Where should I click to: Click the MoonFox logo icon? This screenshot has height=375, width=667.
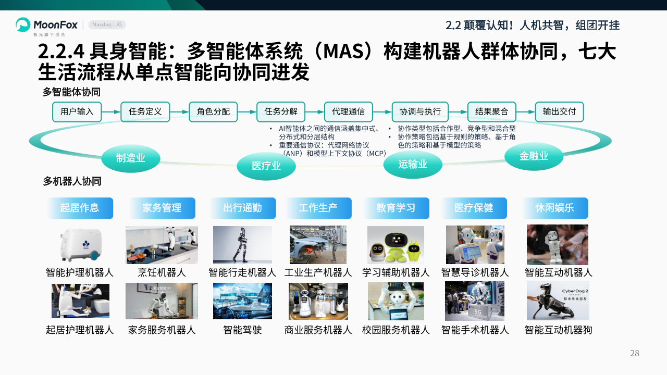[23, 24]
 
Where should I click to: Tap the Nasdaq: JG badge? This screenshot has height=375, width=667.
[107, 24]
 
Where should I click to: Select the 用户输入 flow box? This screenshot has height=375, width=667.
[77, 112]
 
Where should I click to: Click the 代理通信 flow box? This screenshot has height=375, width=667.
[349, 112]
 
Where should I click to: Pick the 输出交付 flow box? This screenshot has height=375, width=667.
[559, 112]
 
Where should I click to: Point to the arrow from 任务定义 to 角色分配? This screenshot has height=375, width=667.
[179, 112]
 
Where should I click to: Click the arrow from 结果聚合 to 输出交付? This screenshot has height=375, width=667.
[526, 112]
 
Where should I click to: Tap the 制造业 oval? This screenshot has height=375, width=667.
[131, 158]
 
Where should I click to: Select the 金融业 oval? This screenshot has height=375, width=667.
[534, 156]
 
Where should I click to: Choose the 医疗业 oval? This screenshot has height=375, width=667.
[266, 166]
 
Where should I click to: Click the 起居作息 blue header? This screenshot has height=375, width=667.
[80, 208]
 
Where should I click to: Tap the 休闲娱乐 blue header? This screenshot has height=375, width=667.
[555, 208]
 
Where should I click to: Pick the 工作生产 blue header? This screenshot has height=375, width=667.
[318, 208]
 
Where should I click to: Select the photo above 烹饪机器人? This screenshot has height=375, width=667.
[162, 245]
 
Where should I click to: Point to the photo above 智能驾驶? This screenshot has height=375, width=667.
[242, 301]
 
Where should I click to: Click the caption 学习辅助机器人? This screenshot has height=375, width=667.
[396, 272]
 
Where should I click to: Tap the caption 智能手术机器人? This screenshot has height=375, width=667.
[475, 330]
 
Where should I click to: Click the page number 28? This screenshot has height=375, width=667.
[635, 353]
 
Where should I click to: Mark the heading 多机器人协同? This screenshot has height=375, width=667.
[72, 181]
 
